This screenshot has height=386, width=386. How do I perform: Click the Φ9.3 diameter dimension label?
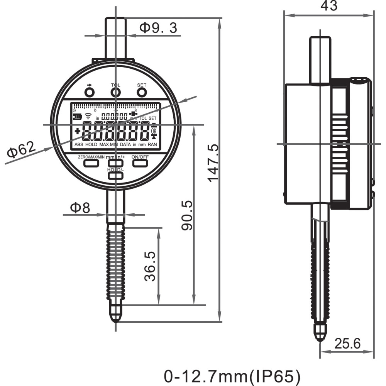pyautogui.click(x=159, y=28)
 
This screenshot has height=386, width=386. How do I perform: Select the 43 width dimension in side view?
pyautogui.click(x=328, y=5)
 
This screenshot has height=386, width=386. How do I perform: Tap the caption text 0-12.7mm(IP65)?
pyautogui.click(x=232, y=376)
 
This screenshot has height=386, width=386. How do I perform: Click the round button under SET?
pyautogui.click(x=142, y=92)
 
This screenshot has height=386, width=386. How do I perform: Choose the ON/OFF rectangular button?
pyautogui.click(x=140, y=163)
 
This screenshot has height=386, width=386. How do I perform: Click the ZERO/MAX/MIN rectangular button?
pyautogui.click(x=91, y=163)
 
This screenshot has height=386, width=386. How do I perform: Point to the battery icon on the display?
pyautogui.click(x=77, y=117)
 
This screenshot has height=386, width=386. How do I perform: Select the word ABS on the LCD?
pyautogui.click(x=79, y=144)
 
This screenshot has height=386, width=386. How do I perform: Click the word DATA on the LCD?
pyautogui.click(x=125, y=144)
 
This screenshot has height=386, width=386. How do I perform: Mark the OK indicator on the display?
pyautogui.click(x=154, y=130)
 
